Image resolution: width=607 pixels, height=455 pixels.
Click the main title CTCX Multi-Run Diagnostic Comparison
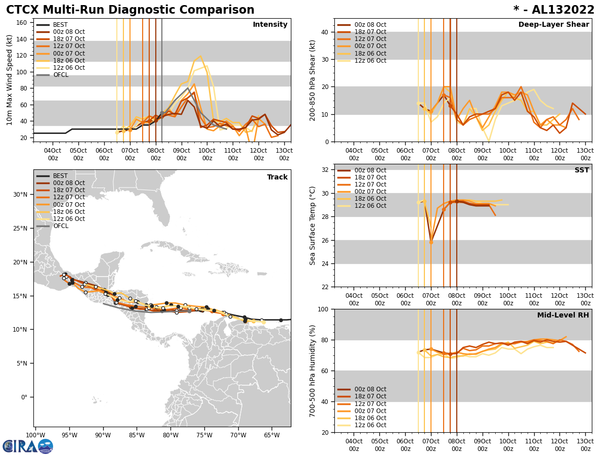(130, 10)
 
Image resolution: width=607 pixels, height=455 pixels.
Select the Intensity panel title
(270, 25)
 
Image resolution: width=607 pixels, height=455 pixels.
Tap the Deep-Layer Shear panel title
(553, 25)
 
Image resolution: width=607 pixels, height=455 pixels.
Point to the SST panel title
(582, 170)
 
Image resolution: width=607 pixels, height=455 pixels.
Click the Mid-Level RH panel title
(563, 315)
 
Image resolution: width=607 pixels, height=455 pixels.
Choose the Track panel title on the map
(277, 177)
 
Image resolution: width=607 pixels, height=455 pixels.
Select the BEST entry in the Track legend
(60, 176)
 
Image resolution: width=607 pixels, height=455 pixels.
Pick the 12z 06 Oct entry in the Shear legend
(370, 61)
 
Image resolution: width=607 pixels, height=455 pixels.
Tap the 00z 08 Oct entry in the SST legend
(370, 170)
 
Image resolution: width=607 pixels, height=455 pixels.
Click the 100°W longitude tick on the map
(35, 435)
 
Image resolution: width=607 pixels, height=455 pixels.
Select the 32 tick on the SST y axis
(326, 170)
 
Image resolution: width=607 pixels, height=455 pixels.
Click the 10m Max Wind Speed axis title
(10, 80)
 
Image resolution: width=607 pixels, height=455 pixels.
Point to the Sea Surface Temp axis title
(313, 225)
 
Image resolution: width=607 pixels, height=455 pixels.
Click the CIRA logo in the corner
(27, 446)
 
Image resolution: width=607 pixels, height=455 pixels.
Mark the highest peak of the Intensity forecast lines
(200, 56)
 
